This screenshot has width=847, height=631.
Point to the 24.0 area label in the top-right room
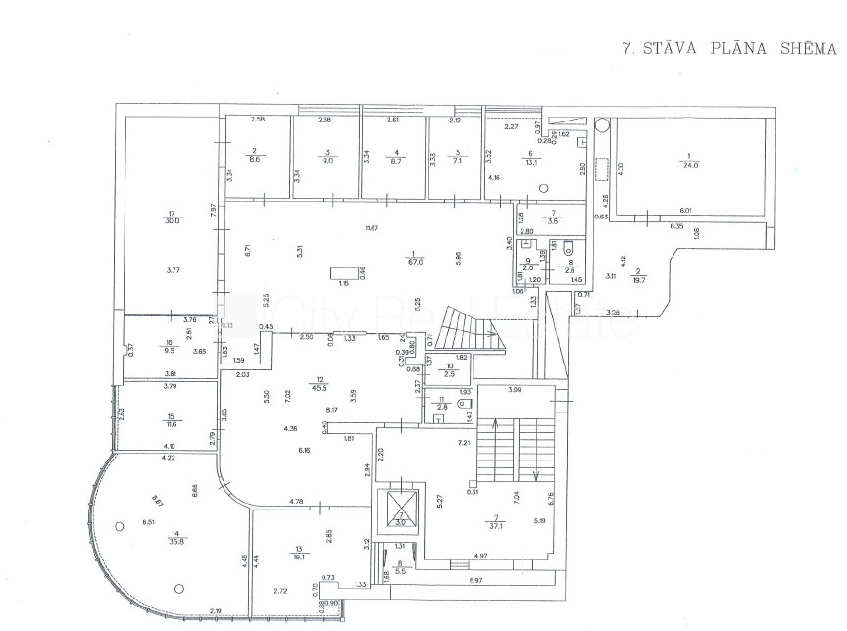[x=692, y=164]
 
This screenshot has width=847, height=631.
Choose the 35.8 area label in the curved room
[x=152, y=540]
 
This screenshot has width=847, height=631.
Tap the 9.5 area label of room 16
[x=168, y=347]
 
